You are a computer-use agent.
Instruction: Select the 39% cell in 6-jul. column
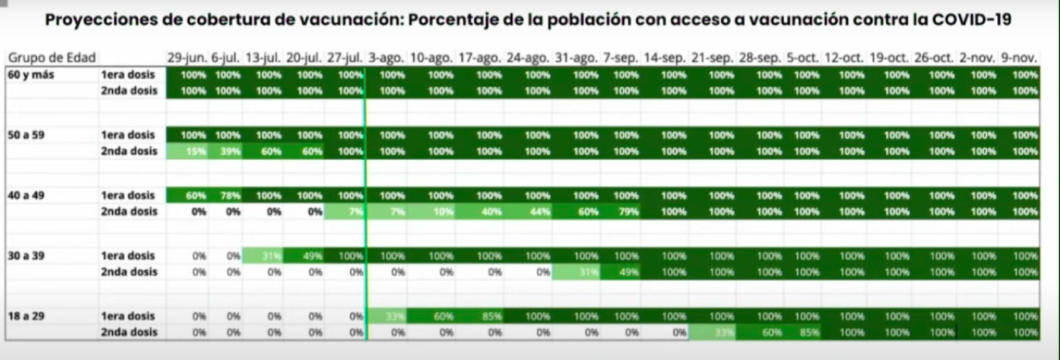pyautogui.click(x=228, y=151)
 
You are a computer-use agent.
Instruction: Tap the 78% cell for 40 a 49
pyautogui.click(x=228, y=196)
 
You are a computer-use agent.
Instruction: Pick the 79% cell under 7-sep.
pyautogui.click(x=625, y=212)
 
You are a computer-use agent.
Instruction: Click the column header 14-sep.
pyautogui.click(x=664, y=58)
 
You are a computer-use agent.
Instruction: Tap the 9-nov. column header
pyautogui.click(x=1018, y=58)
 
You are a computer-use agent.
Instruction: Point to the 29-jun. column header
pyautogui.click(x=186, y=58)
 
